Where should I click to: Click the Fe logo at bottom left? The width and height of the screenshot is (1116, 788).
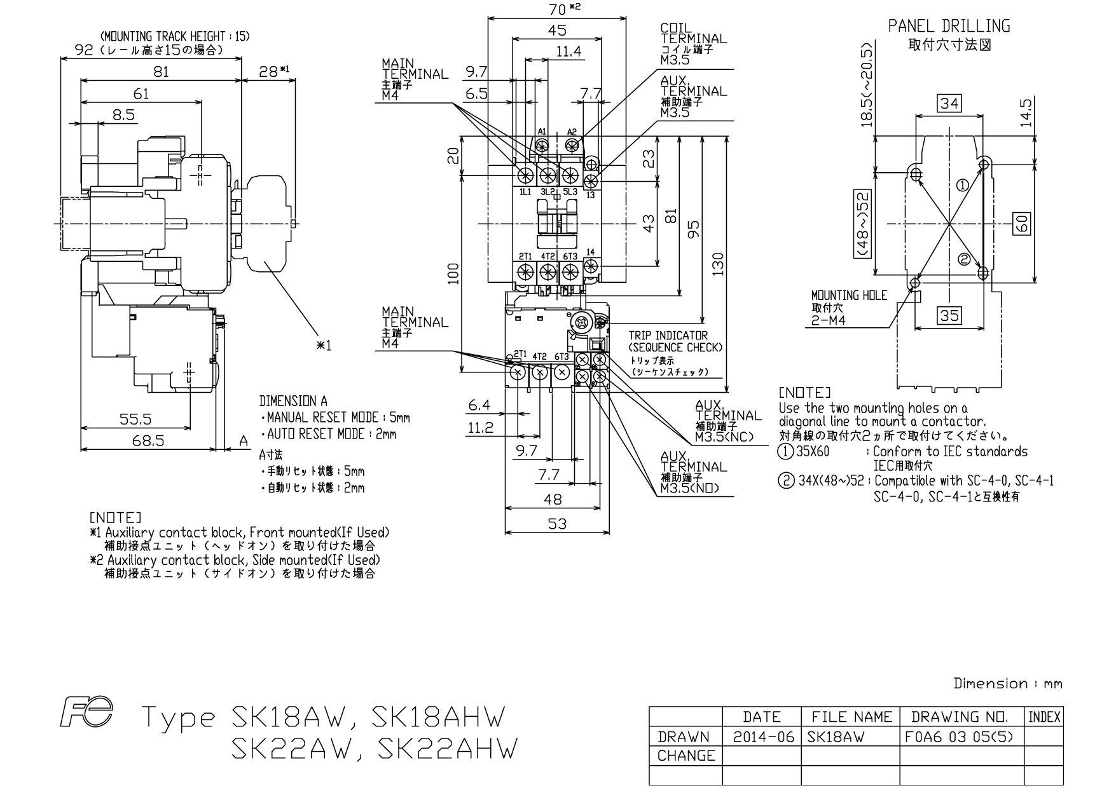[x=87, y=712]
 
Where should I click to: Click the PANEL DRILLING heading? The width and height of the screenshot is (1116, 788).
[x=949, y=26]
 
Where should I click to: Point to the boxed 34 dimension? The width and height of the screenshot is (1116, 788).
[x=949, y=103]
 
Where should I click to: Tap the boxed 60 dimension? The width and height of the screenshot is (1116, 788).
[x=1021, y=223]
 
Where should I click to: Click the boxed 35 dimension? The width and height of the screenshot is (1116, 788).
[x=949, y=315]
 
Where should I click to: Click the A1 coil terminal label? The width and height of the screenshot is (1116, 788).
[x=542, y=132]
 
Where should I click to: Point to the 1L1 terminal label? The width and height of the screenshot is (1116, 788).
[x=525, y=192]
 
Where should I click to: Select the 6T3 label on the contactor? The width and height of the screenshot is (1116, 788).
[x=570, y=256]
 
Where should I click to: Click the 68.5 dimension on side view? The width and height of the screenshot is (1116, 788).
[x=149, y=440]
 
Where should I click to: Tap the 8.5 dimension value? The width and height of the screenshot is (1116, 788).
[x=124, y=115]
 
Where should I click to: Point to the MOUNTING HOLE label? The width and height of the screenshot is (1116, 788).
[x=849, y=295]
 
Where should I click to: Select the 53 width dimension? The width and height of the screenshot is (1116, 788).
[x=556, y=523]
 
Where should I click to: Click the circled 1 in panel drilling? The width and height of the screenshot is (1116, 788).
[x=963, y=185]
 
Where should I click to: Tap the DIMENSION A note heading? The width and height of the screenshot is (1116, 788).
[x=293, y=402]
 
